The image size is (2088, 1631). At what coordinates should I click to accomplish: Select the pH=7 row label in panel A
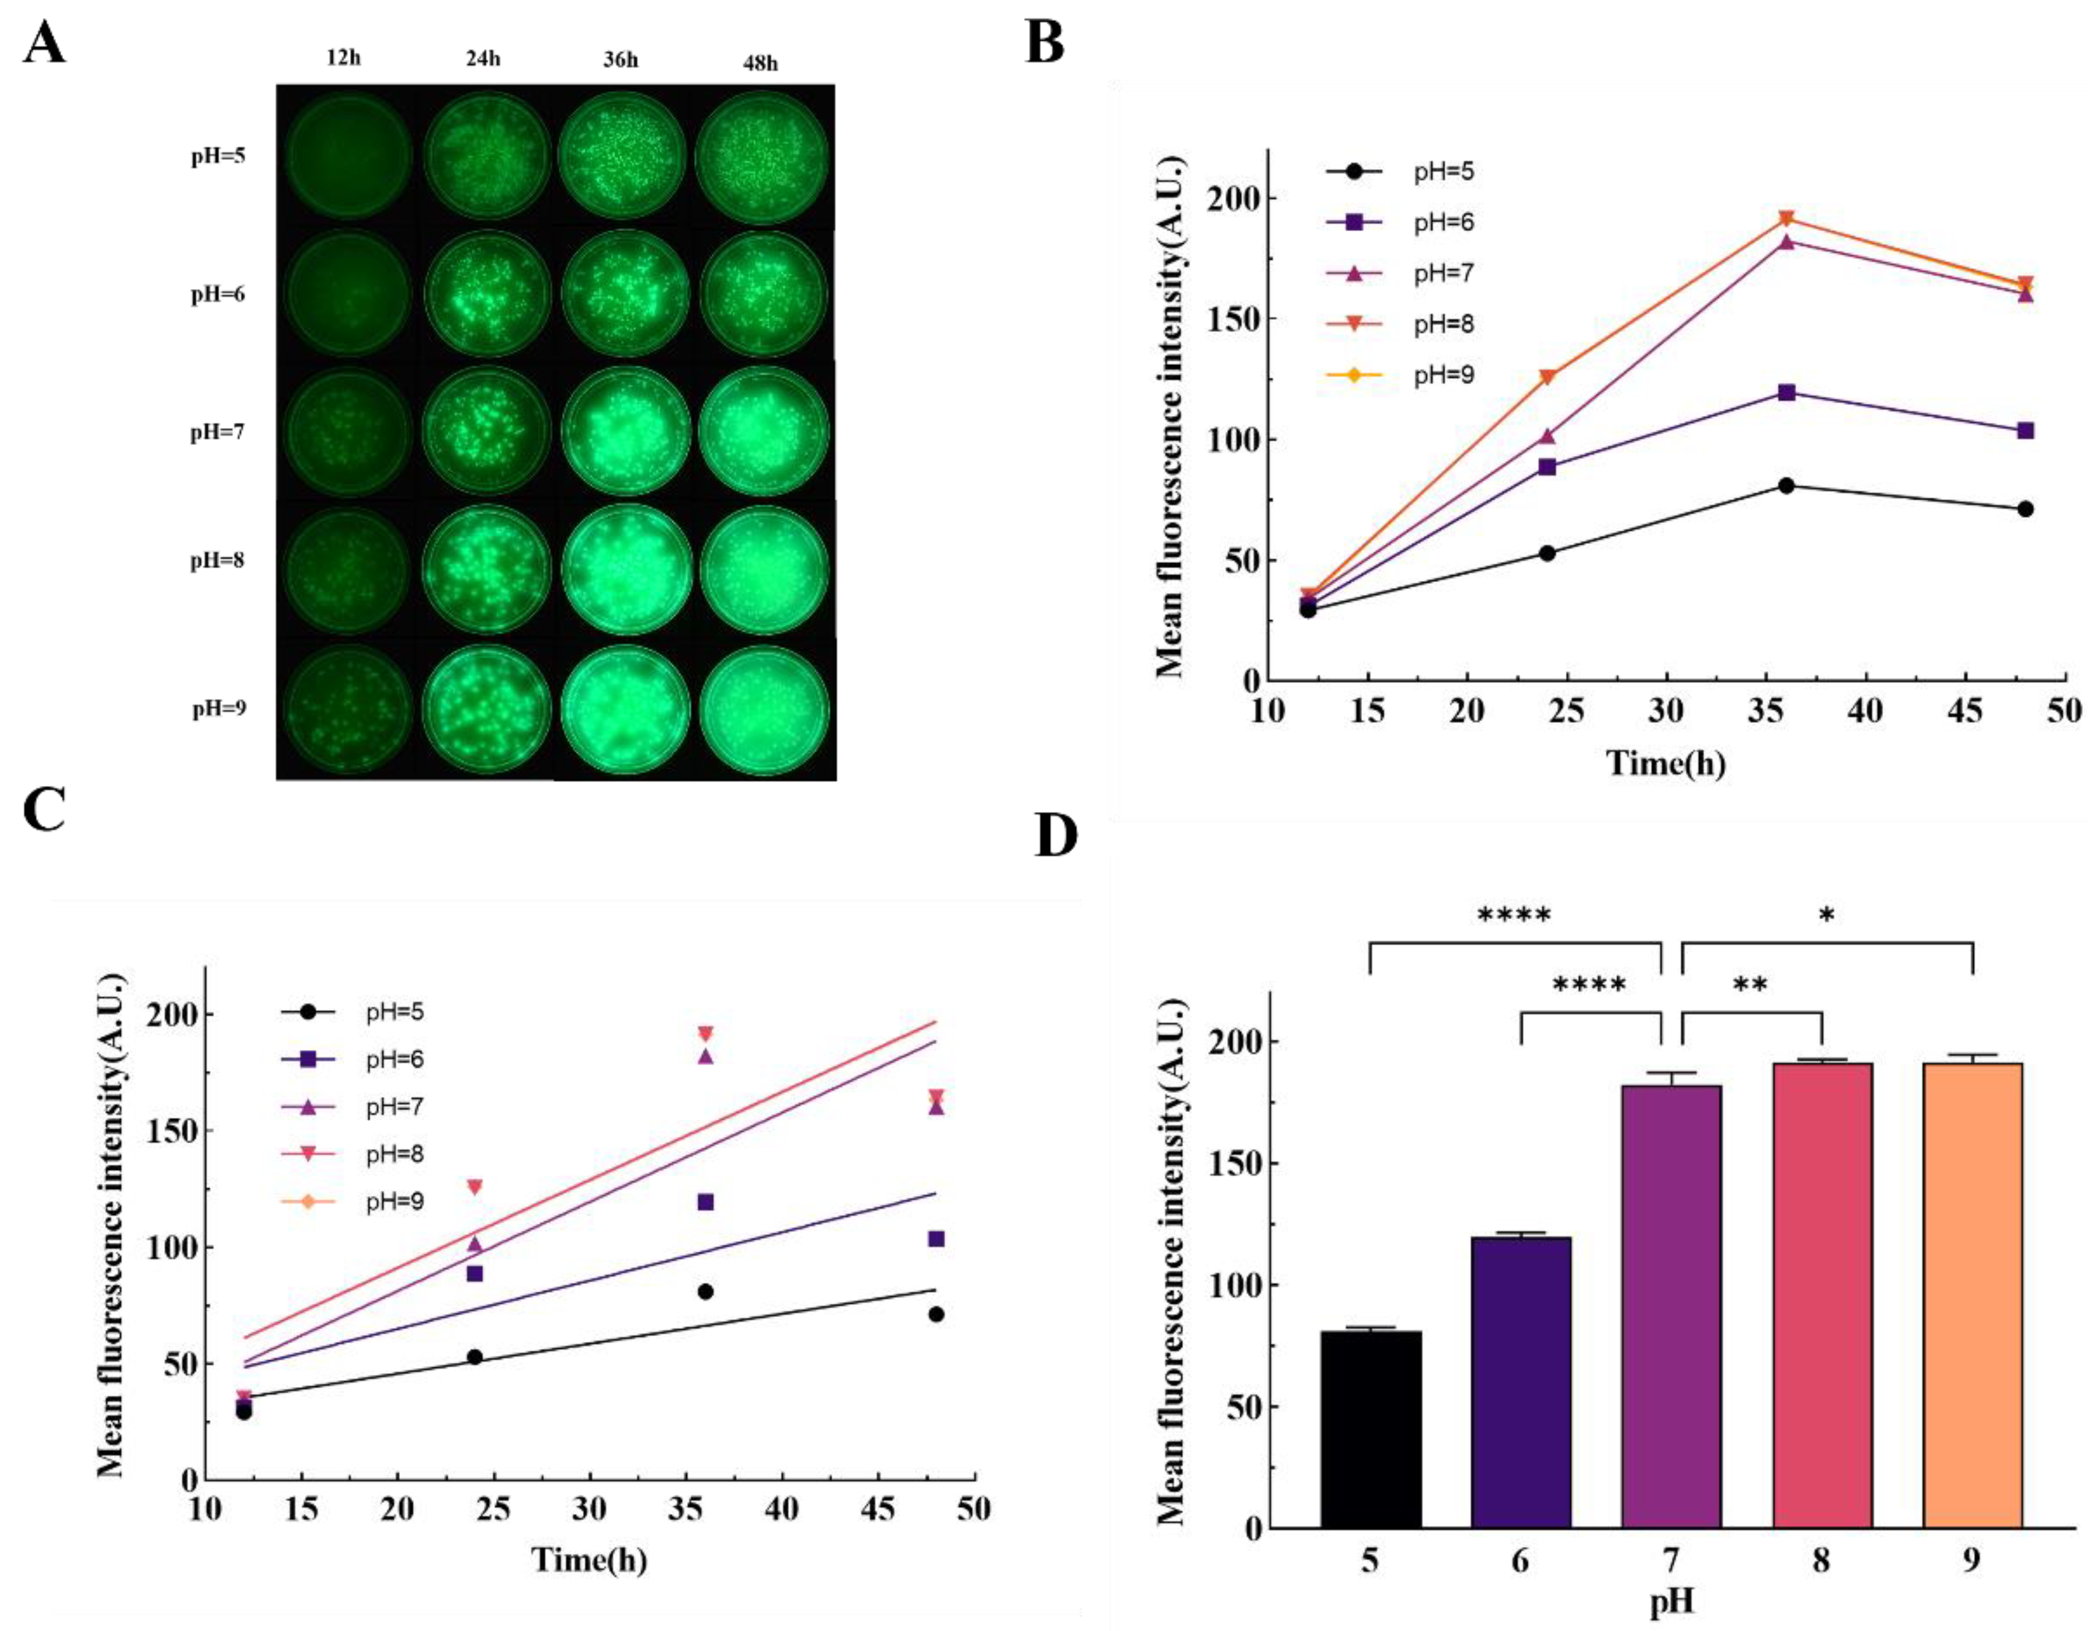coord(217,432)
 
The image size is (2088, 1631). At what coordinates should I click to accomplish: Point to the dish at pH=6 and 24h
coord(488,294)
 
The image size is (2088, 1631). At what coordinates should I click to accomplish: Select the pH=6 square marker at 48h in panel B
coord(2025,431)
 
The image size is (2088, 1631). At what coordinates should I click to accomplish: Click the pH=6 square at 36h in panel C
coord(706,1202)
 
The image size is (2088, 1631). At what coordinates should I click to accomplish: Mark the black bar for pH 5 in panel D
coord(1371,1429)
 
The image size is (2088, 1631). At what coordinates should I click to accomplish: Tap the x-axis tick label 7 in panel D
coord(1671,1561)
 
